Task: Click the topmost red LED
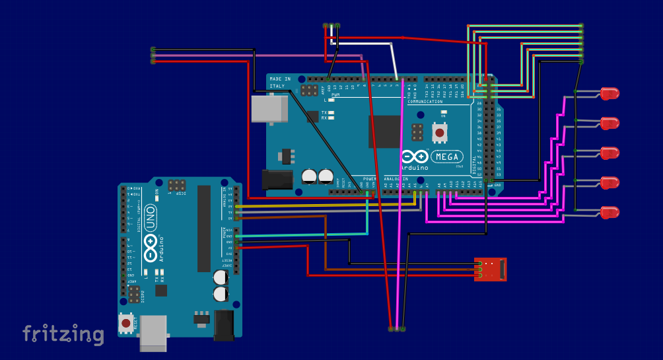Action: (610, 93)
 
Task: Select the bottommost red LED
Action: (610, 212)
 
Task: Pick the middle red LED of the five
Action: (610, 153)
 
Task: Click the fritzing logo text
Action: (63, 334)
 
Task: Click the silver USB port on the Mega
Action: (269, 108)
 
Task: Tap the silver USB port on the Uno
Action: (153, 332)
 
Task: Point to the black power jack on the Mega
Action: (277, 179)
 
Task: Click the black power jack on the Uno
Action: (225, 325)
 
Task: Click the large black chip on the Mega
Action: (384, 131)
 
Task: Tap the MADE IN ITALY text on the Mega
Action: (280, 83)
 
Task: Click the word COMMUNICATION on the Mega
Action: (425, 102)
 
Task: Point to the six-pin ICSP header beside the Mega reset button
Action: (417, 132)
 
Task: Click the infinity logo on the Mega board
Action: (415, 157)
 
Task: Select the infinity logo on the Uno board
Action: (151, 247)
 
